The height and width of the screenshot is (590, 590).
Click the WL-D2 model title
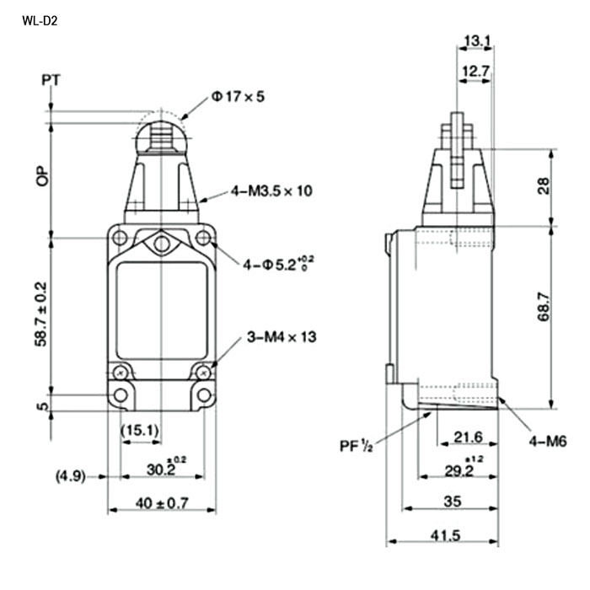[40, 21]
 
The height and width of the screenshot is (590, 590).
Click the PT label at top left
[51, 80]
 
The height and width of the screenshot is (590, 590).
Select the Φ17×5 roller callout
[238, 97]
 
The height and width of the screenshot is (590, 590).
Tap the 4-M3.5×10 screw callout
[271, 190]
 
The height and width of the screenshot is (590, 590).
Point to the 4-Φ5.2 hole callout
[278, 264]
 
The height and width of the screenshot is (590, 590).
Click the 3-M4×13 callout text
[282, 337]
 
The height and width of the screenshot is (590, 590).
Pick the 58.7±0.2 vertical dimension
[41, 314]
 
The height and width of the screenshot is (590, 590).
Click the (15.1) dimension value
[140, 430]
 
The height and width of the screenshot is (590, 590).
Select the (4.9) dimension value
[71, 476]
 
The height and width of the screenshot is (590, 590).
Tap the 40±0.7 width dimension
[162, 502]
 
